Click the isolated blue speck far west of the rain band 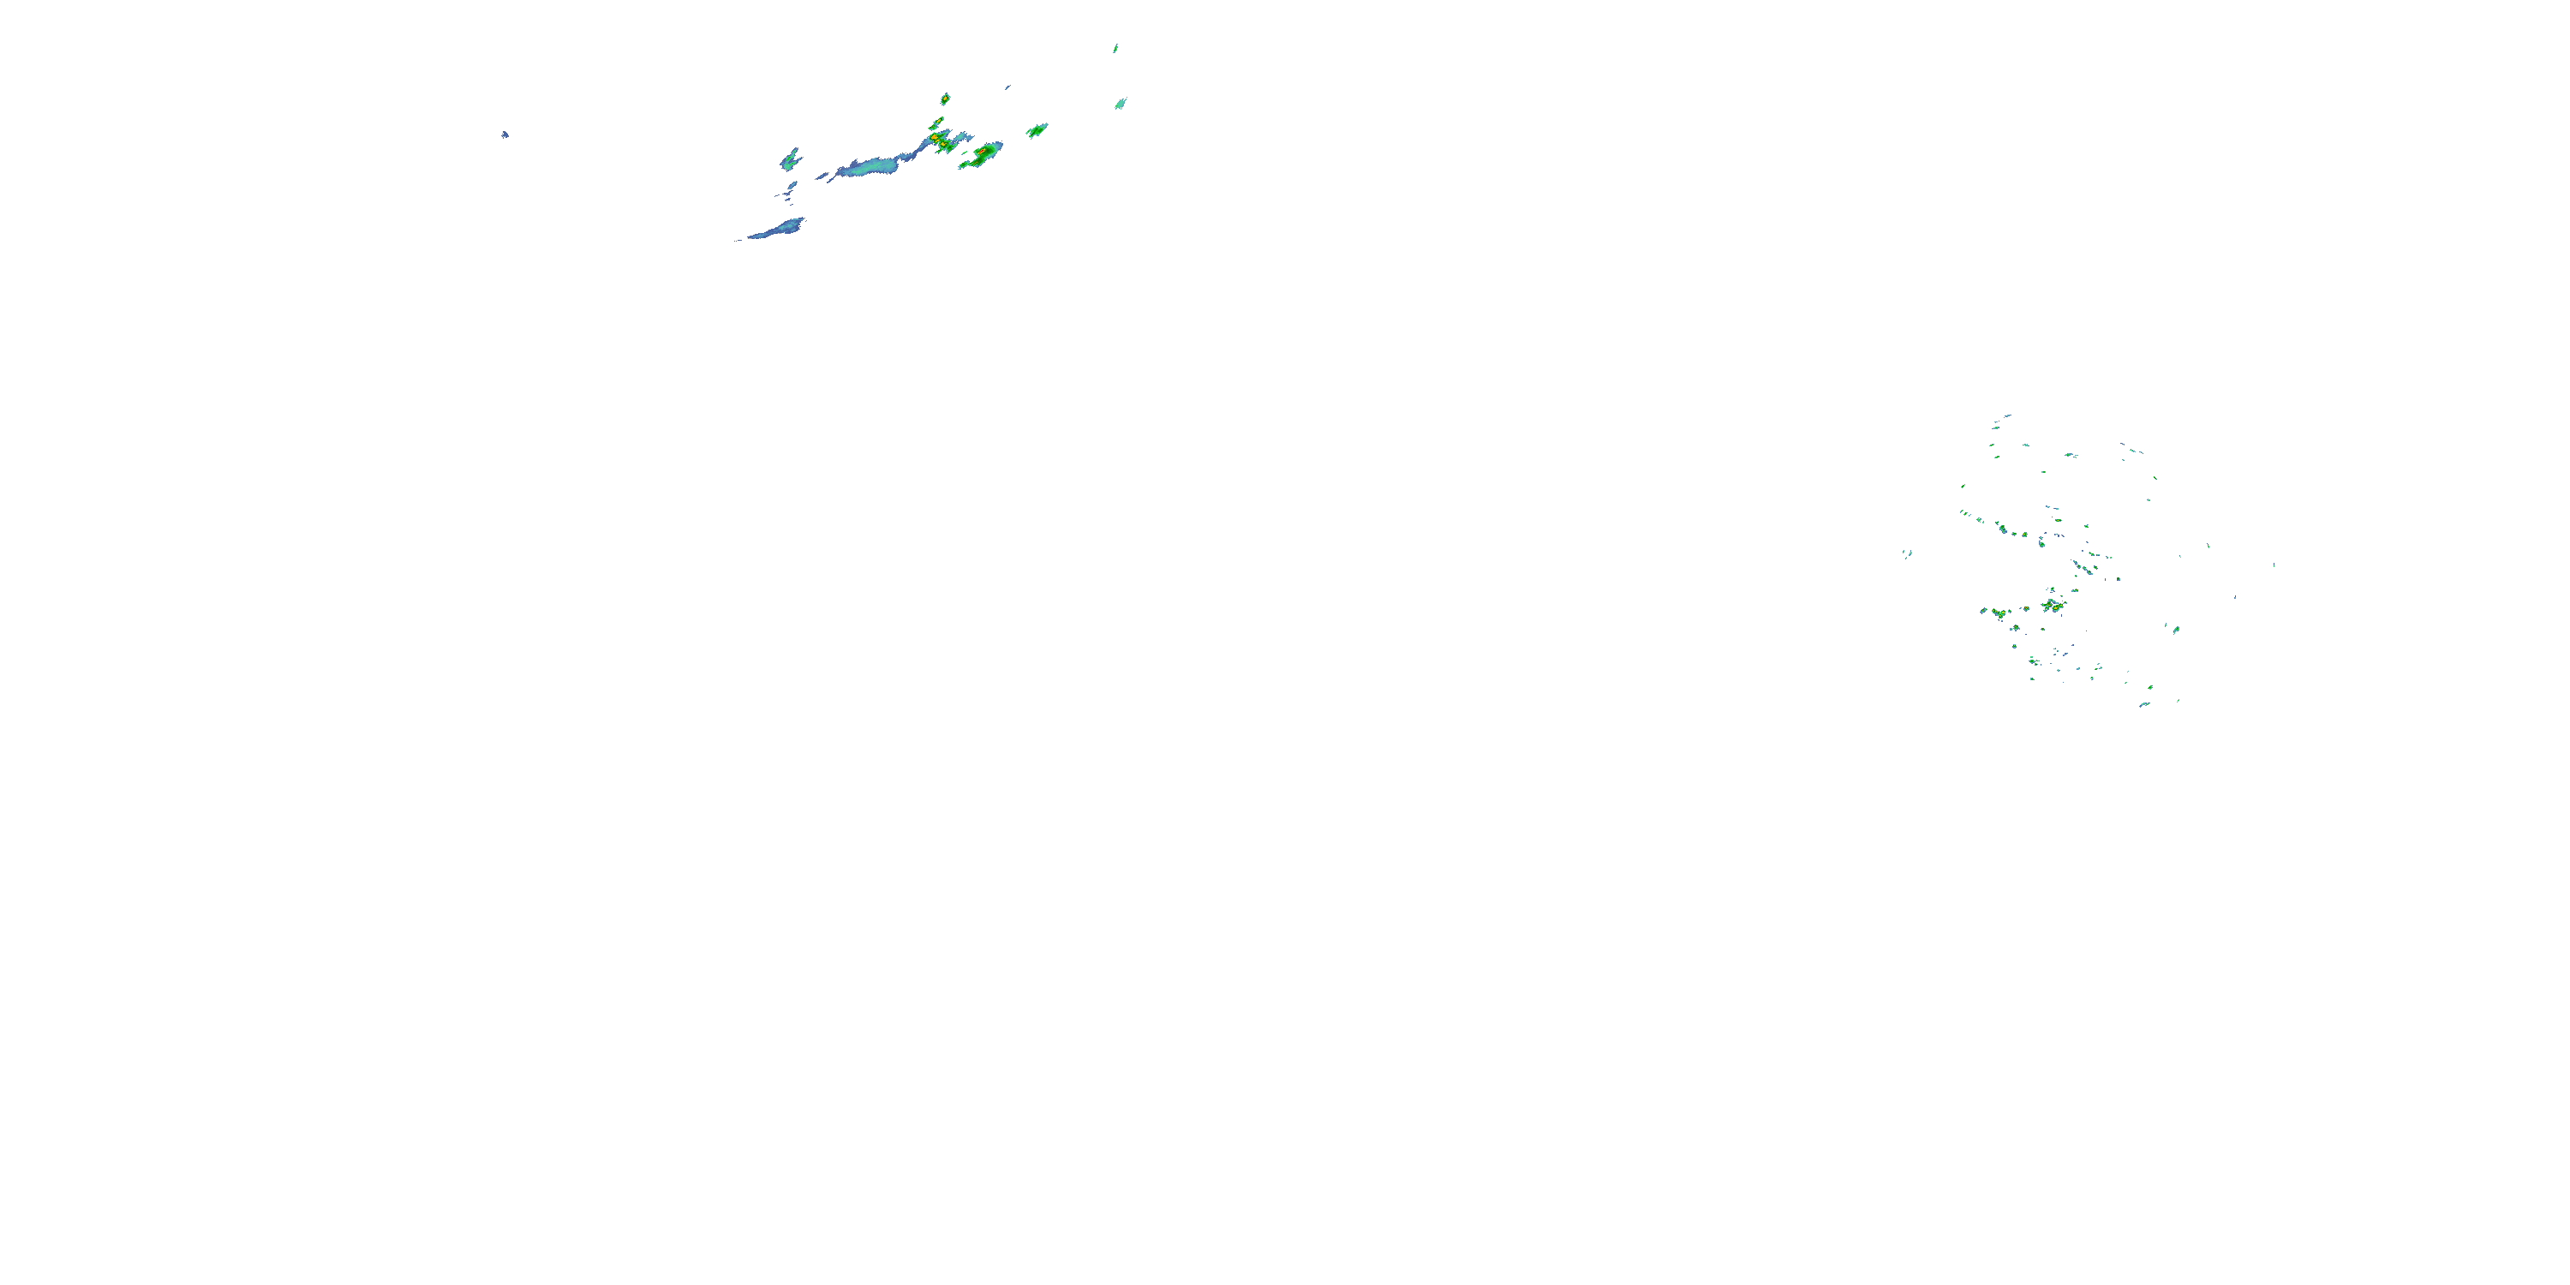point(505,134)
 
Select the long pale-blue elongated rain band point(870,165)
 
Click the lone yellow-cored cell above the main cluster point(945,99)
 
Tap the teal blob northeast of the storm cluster point(1121,103)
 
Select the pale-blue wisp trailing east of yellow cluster point(964,137)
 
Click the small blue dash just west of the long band point(822,176)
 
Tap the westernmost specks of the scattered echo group point(1907,553)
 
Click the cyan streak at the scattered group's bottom point(2143,704)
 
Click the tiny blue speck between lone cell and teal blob point(1007,87)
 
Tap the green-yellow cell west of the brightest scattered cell point(1998,612)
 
